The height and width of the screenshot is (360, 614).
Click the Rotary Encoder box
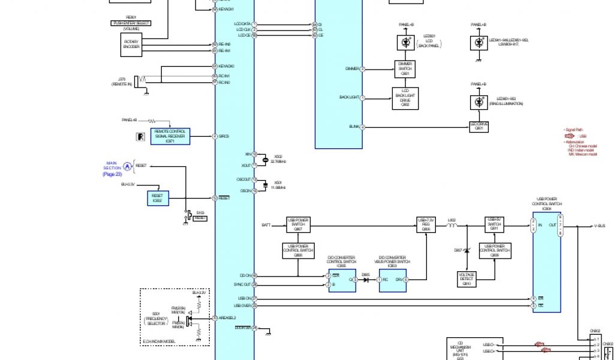(x=131, y=45)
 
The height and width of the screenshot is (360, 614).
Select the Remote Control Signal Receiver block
(x=171, y=137)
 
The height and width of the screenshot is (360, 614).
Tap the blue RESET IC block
(x=156, y=198)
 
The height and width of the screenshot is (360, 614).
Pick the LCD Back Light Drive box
(x=405, y=98)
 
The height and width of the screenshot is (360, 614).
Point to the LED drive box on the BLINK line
(x=479, y=127)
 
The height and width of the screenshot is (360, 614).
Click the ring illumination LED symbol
(x=479, y=102)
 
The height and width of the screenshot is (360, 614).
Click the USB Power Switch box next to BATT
(x=298, y=225)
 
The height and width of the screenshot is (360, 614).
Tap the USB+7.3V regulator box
(x=425, y=225)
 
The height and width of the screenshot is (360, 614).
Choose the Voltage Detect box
(x=466, y=278)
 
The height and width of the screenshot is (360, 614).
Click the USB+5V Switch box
(x=494, y=225)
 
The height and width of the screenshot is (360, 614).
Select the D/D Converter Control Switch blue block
(x=341, y=279)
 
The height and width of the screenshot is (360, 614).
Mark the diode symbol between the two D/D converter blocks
(x=365, y=279)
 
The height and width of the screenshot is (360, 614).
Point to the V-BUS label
(x=600, y=226)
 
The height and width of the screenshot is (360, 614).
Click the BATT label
(x=266, y=226)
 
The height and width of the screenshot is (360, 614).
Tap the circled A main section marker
(x=127, y=166)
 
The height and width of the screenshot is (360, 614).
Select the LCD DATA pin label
(x=242, y=24)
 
